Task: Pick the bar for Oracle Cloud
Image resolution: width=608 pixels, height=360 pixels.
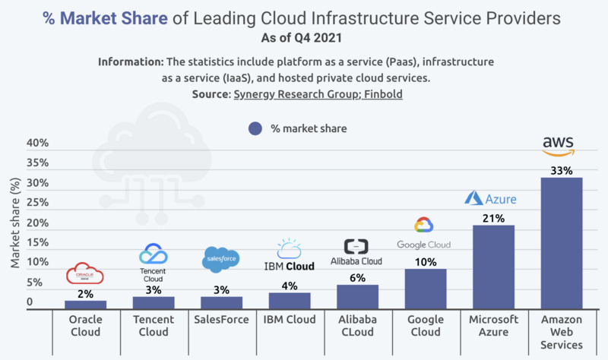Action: click(x=85, y=305)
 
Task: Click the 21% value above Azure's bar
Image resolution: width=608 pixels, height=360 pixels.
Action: click(x=492, y=218)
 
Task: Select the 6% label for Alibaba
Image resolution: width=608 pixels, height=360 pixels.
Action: click(x=356, y=277)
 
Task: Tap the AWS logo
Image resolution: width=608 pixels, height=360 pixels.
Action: click(x=559, y=144)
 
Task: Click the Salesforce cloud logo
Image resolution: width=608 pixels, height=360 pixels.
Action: click(x=221, y=260)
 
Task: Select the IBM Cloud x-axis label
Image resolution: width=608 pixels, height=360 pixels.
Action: click(x=289, y=319)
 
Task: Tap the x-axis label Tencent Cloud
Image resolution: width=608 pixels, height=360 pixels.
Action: click(x=153, y=325)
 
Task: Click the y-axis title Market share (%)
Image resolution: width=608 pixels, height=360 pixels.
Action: click(x=15, y=223)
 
